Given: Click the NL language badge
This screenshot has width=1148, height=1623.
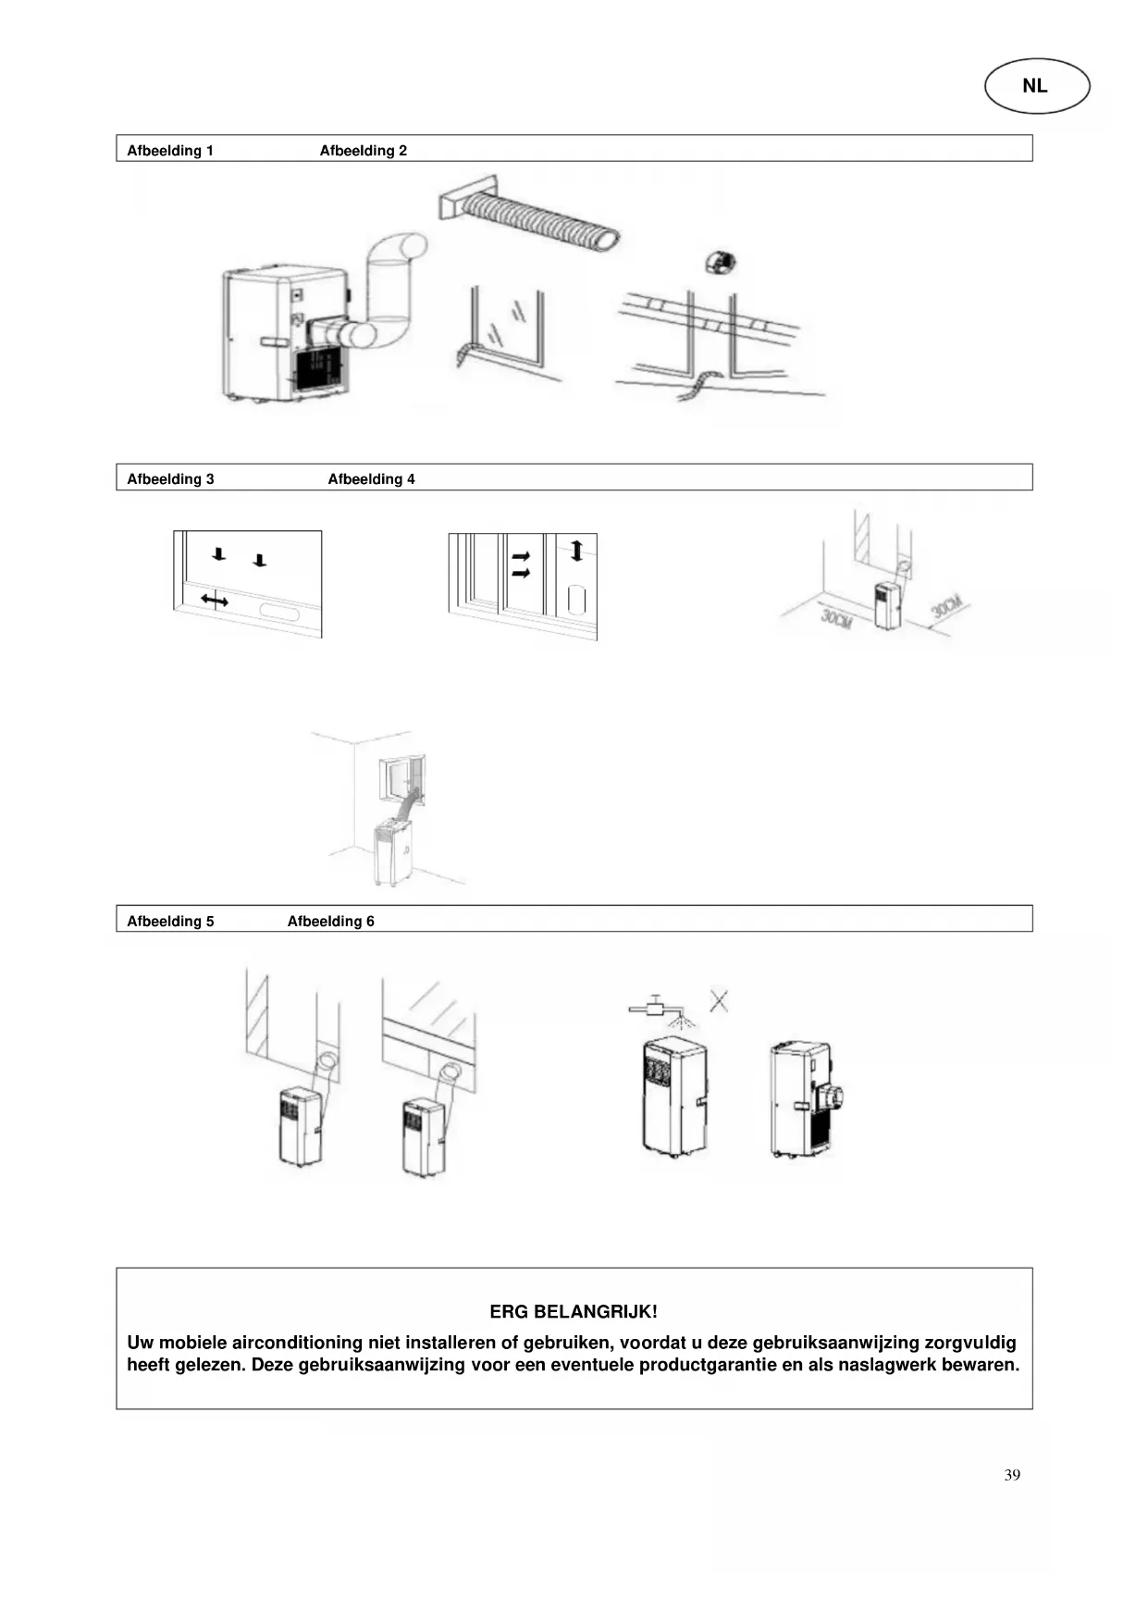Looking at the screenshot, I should [x=1036, y=86].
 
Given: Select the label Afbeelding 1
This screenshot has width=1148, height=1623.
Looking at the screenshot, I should [x=170, y=151].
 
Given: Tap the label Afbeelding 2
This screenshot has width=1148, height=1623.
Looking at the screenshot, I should [x=364, y=151].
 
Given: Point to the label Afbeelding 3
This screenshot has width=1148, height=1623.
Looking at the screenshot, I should [x=170, y=479].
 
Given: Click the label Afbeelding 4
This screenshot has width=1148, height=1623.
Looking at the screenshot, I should [x=371, y=479].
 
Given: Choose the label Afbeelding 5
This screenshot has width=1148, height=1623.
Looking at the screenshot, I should [x=170, y=922].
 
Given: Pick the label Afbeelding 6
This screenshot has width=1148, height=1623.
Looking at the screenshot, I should [x=330, y=922].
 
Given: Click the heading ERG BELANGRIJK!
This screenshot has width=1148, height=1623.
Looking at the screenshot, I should [x=574, y=1311].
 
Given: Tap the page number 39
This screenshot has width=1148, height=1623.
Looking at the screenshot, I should [x=1012, y=1475].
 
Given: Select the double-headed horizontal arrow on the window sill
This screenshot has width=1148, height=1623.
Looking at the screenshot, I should [x=215, y=601].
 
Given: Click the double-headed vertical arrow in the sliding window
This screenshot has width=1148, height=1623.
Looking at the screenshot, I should [x=577, y=551].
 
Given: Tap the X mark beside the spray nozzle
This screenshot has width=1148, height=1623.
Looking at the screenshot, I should [x=719, y=1001].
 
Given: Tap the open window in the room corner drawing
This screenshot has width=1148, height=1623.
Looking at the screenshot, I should [x=404, y=778].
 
